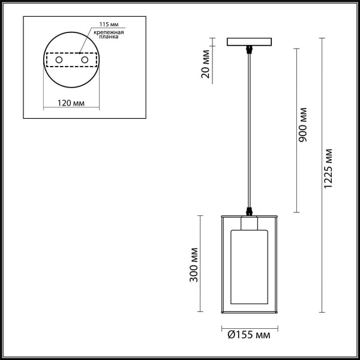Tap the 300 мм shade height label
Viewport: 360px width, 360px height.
pos(194,265)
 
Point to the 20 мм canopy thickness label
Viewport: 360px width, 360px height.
pos(206,64)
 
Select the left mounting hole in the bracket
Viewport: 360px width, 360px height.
pos(59,61)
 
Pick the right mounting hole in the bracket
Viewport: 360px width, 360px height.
pos(85,61)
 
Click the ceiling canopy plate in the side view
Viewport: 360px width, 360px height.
pos(249,43)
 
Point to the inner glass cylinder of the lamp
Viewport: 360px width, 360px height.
pos(249,270)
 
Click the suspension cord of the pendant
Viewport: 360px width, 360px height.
pos(249,132)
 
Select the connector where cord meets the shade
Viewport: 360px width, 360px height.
pos(249,211)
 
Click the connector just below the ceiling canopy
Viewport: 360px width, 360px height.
pos(249,50)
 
